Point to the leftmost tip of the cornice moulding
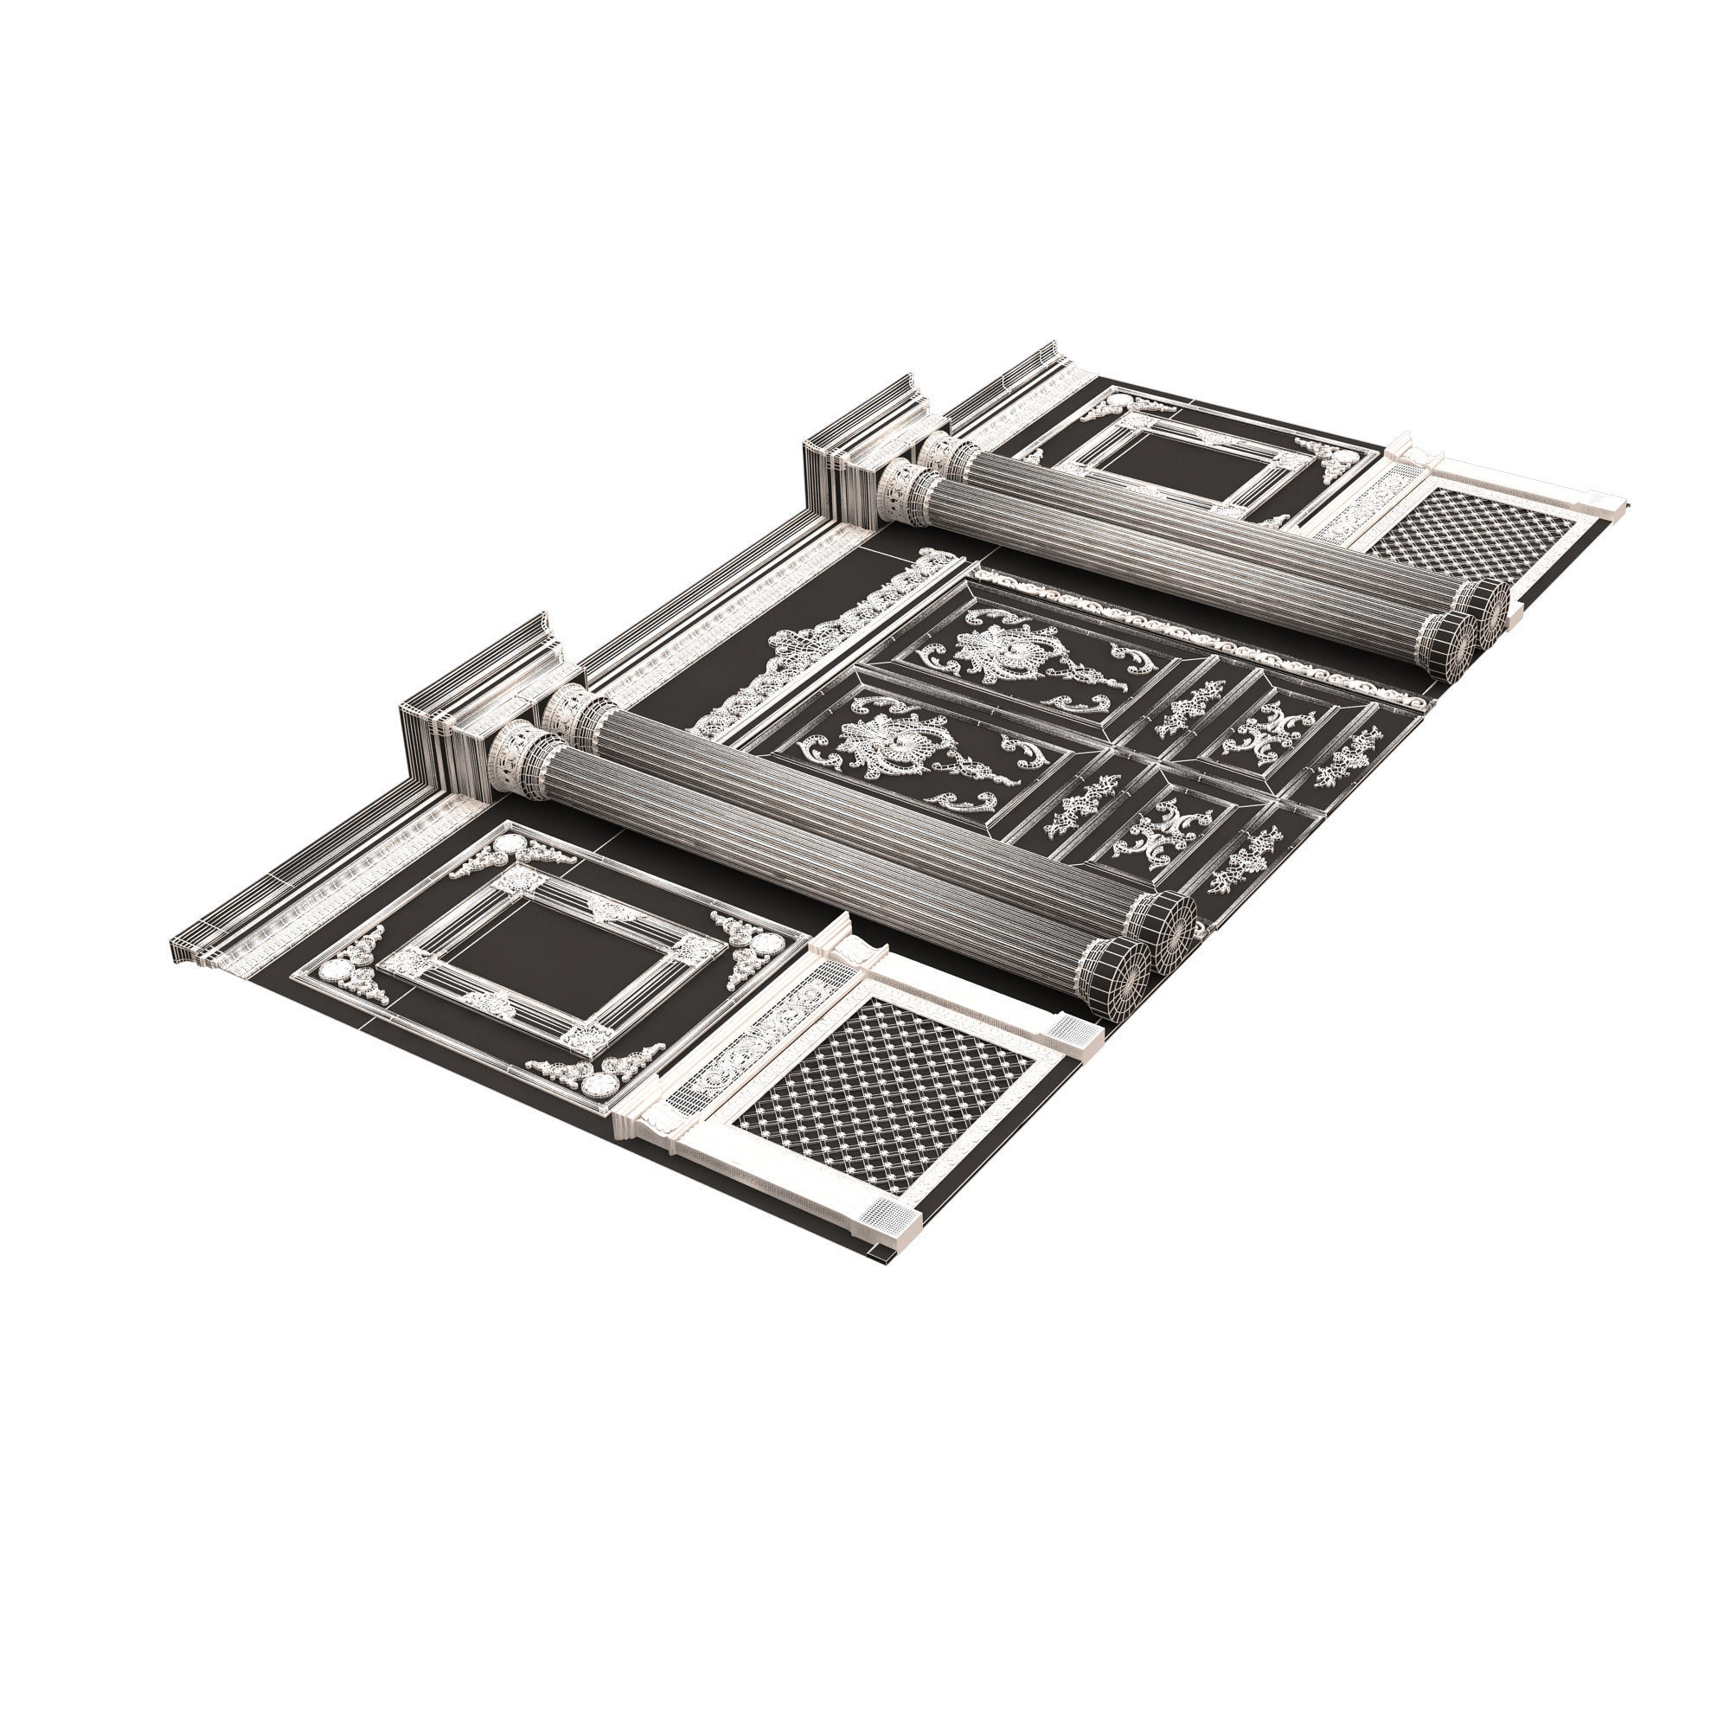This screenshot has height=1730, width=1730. [x=172, y=942]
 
